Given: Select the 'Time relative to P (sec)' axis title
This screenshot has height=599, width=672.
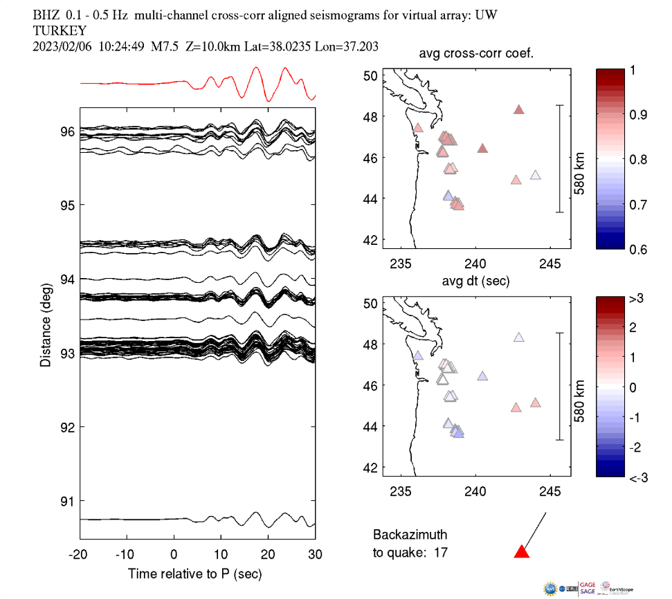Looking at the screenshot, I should tap(194, 574).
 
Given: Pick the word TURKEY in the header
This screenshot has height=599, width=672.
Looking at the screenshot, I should tap(60, 30).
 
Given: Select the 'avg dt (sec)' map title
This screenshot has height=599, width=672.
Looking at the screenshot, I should tap(476, 282).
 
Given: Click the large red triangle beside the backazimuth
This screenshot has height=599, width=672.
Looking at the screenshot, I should tap(522, 551).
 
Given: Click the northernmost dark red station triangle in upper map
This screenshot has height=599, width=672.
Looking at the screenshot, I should tap(519, 109).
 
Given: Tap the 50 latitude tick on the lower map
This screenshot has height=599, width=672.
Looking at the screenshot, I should tap(370, 303).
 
